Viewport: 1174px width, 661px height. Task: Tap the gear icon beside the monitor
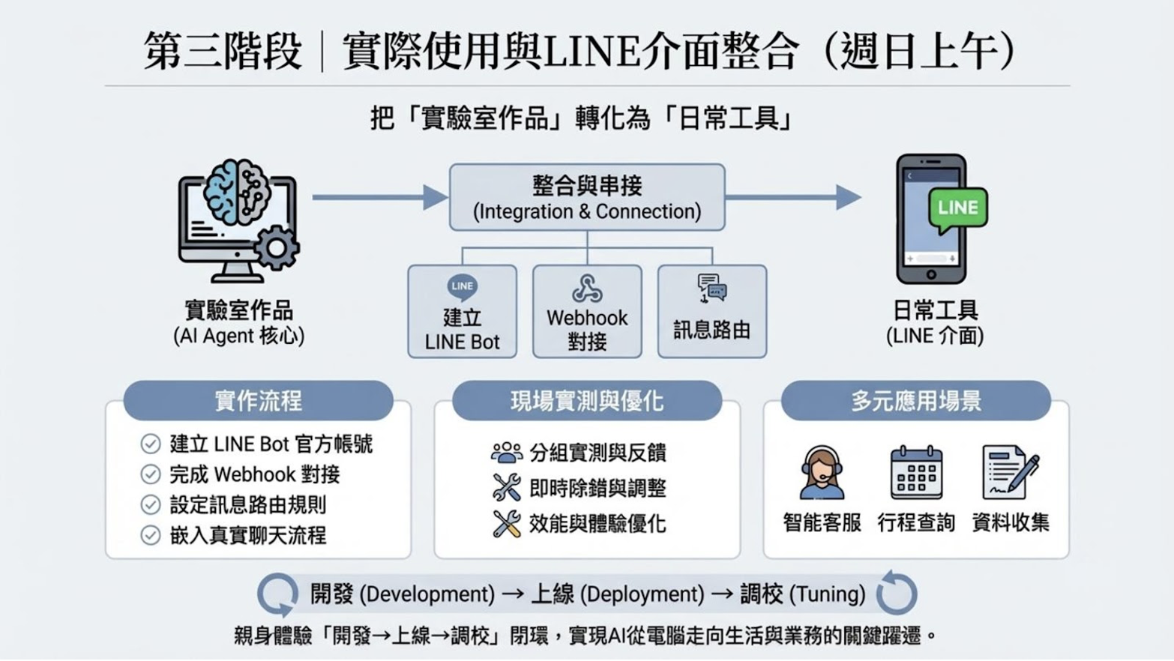pyautogui.click(x=276, y=247)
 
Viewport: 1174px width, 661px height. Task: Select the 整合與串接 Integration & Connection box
pyautogui.click(x=587, y=197)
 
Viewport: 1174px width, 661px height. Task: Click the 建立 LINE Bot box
pyautogui.click(x=462, y=312)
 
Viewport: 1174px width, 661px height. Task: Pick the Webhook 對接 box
pyautogui.click(x=587, y=312)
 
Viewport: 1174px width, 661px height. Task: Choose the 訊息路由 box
pyautogui.click(x=711, y=312)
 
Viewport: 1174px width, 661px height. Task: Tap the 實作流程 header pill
pyautogui.click(x=258, y=401)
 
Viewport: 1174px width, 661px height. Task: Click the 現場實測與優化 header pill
pyautogui.click(x=586, y=401)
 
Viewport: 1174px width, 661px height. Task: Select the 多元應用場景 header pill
pyautogui.click(x=915, y=401)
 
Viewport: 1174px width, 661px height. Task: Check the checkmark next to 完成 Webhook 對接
pyautogui.click(x=151, y=474)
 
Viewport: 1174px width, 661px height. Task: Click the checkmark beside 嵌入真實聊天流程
pyautogui.click(x=151, y=535)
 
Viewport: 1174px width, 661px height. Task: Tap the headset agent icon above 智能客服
pyautogui.click(x=822, y=473)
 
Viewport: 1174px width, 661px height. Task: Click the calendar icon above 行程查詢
pyautogui.click(x=916, y=473)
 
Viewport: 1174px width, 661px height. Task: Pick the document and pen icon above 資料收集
pyautogui.click(x=1010, y=473)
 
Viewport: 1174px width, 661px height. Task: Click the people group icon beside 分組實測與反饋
pyautogui.click(x=507, y=452)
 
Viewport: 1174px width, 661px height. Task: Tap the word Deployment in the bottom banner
pyautogui.click(x=642, y=594)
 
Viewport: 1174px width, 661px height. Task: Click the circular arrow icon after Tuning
pyautogui.click(x=897, y=593)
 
